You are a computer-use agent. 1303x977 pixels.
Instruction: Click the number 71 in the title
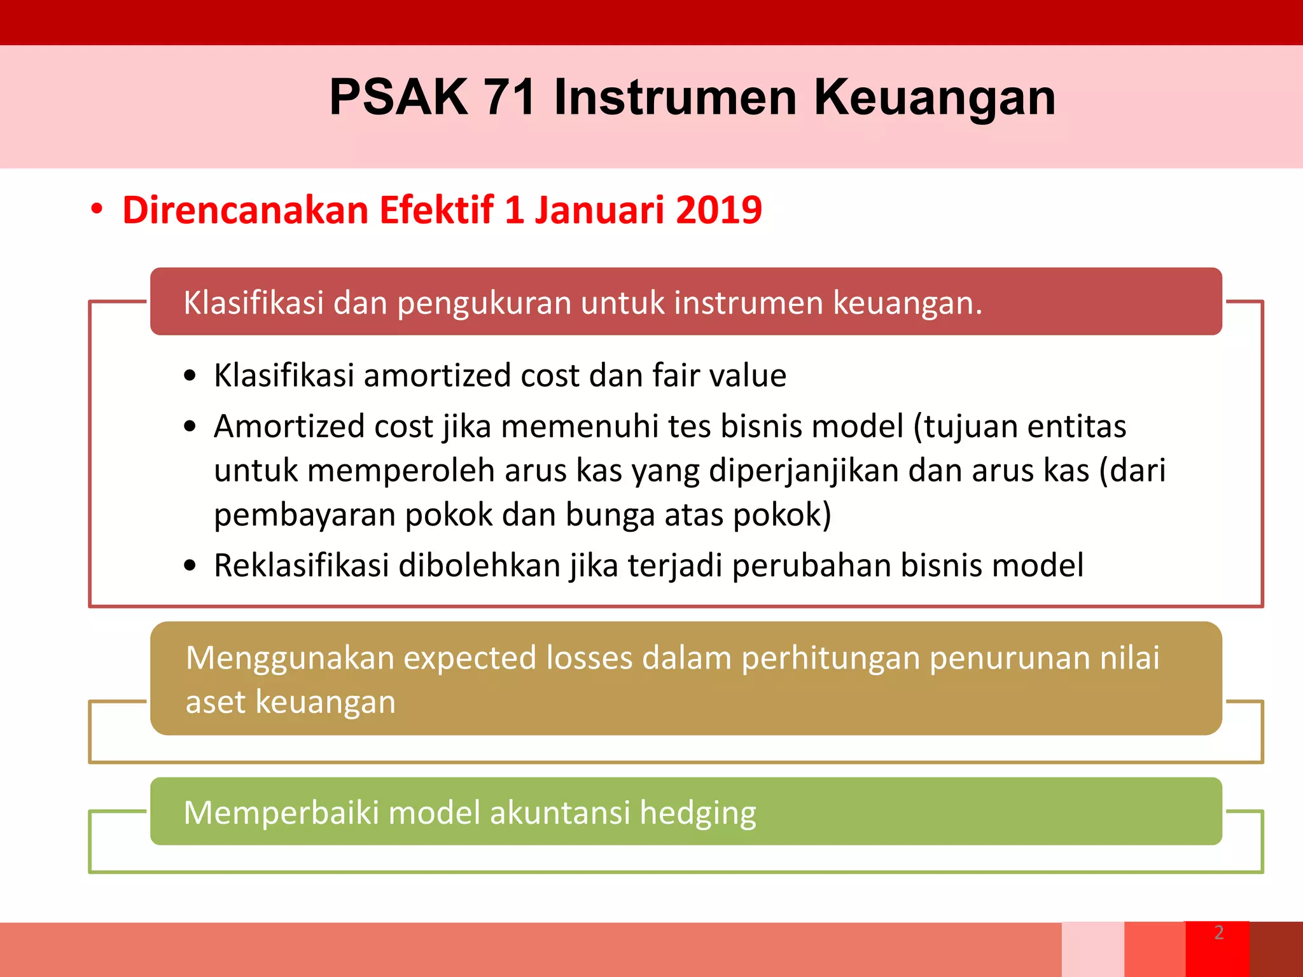[509, 97]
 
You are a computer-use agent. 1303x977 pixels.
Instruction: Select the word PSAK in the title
[398, 97]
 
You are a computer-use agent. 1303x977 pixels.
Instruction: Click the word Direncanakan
[245, 210]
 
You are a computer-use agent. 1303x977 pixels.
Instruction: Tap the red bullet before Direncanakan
[97, 209]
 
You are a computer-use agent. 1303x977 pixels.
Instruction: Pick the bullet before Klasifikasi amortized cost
[190, 376]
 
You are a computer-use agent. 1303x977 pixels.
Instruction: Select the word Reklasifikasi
[301, 565]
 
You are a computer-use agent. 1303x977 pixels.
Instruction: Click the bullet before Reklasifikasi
[190, 565]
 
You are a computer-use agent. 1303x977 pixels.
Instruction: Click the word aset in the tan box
[215, 702]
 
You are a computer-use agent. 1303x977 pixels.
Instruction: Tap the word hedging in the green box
[697, 814]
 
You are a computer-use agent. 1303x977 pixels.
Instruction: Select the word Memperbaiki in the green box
[281, 813]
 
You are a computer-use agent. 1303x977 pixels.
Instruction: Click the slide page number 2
[1218, 932]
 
